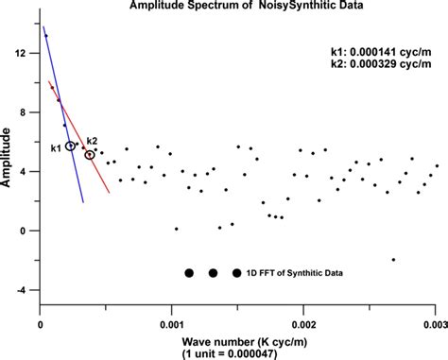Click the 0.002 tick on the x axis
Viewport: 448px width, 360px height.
[302, 321]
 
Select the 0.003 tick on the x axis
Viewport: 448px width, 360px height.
[433, 321]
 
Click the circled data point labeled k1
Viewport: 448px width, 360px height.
[71, 146]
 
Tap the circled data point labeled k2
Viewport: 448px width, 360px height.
[90, 154]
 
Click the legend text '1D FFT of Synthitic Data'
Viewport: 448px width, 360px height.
[294, 273]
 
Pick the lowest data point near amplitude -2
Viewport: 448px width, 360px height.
[393, 259]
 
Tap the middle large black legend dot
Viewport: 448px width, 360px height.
[214, 273]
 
